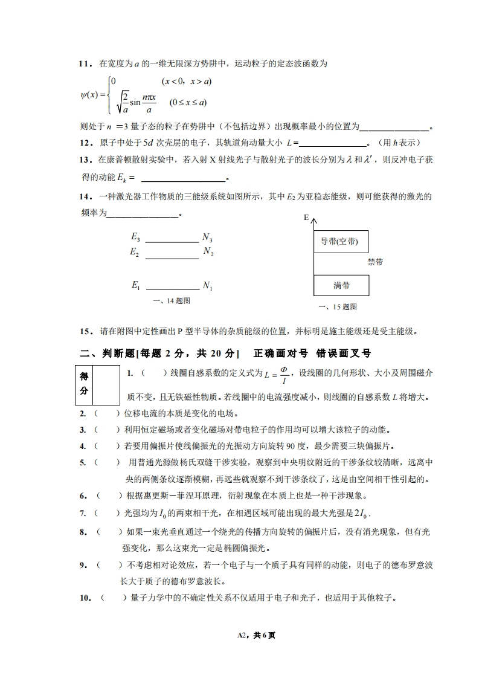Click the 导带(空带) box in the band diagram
click(341, 242)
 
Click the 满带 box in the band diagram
click(341, 285)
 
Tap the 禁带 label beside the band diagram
click(375, 262)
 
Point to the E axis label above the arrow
click(306, 217)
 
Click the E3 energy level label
click(135, 237)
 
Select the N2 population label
click(208, 251)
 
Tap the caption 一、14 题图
click(173, 300)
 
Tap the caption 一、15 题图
click(338, 307)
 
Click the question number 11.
click(85, 63)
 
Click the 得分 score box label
click(84, 384)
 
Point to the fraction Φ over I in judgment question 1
click(284, 375)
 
